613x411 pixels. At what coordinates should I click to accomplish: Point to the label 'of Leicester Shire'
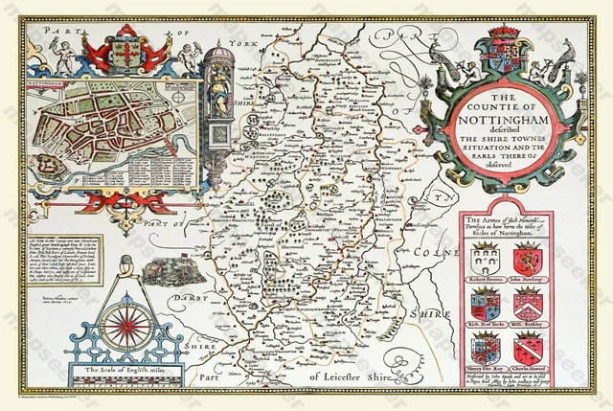353,377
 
